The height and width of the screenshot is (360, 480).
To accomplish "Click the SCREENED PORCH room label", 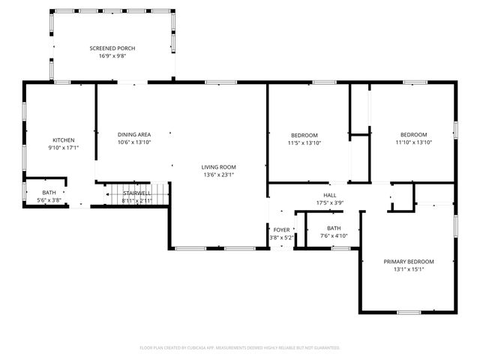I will [x=112, y=48].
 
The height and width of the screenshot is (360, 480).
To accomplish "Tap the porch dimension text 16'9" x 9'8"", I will [x=112, y=55].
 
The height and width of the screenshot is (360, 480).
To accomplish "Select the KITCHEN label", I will [x=63, y=140].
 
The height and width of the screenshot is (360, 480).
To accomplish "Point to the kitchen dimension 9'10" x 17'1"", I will [x=63, y=148].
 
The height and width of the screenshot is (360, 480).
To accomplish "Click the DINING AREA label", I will [x=134, y=134].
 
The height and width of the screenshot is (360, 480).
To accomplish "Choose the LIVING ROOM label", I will [x=218, y=166].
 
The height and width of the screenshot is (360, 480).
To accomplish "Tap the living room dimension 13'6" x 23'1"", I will [x=218, y=174].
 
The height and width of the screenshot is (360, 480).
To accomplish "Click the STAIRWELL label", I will [x=137, y=193].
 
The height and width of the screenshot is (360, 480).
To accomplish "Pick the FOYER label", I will [x=281, y=230].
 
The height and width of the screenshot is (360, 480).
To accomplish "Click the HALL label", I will [x=329, y=194].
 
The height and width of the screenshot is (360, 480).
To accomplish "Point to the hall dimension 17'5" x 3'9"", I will [x=329, y=202].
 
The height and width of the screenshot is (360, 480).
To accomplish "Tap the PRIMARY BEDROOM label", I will [x=409, y=262].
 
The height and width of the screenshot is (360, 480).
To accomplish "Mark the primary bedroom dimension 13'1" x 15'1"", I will [x=409, y=269].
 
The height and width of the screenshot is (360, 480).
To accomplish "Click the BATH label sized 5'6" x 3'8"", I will [x=49, y=193].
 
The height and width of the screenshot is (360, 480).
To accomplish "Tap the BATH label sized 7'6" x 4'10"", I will [x=334, y=228].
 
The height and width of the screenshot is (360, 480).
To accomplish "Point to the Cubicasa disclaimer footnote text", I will [x=240, y=348].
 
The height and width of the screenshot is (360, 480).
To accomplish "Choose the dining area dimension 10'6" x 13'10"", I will [x=134, y=142].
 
